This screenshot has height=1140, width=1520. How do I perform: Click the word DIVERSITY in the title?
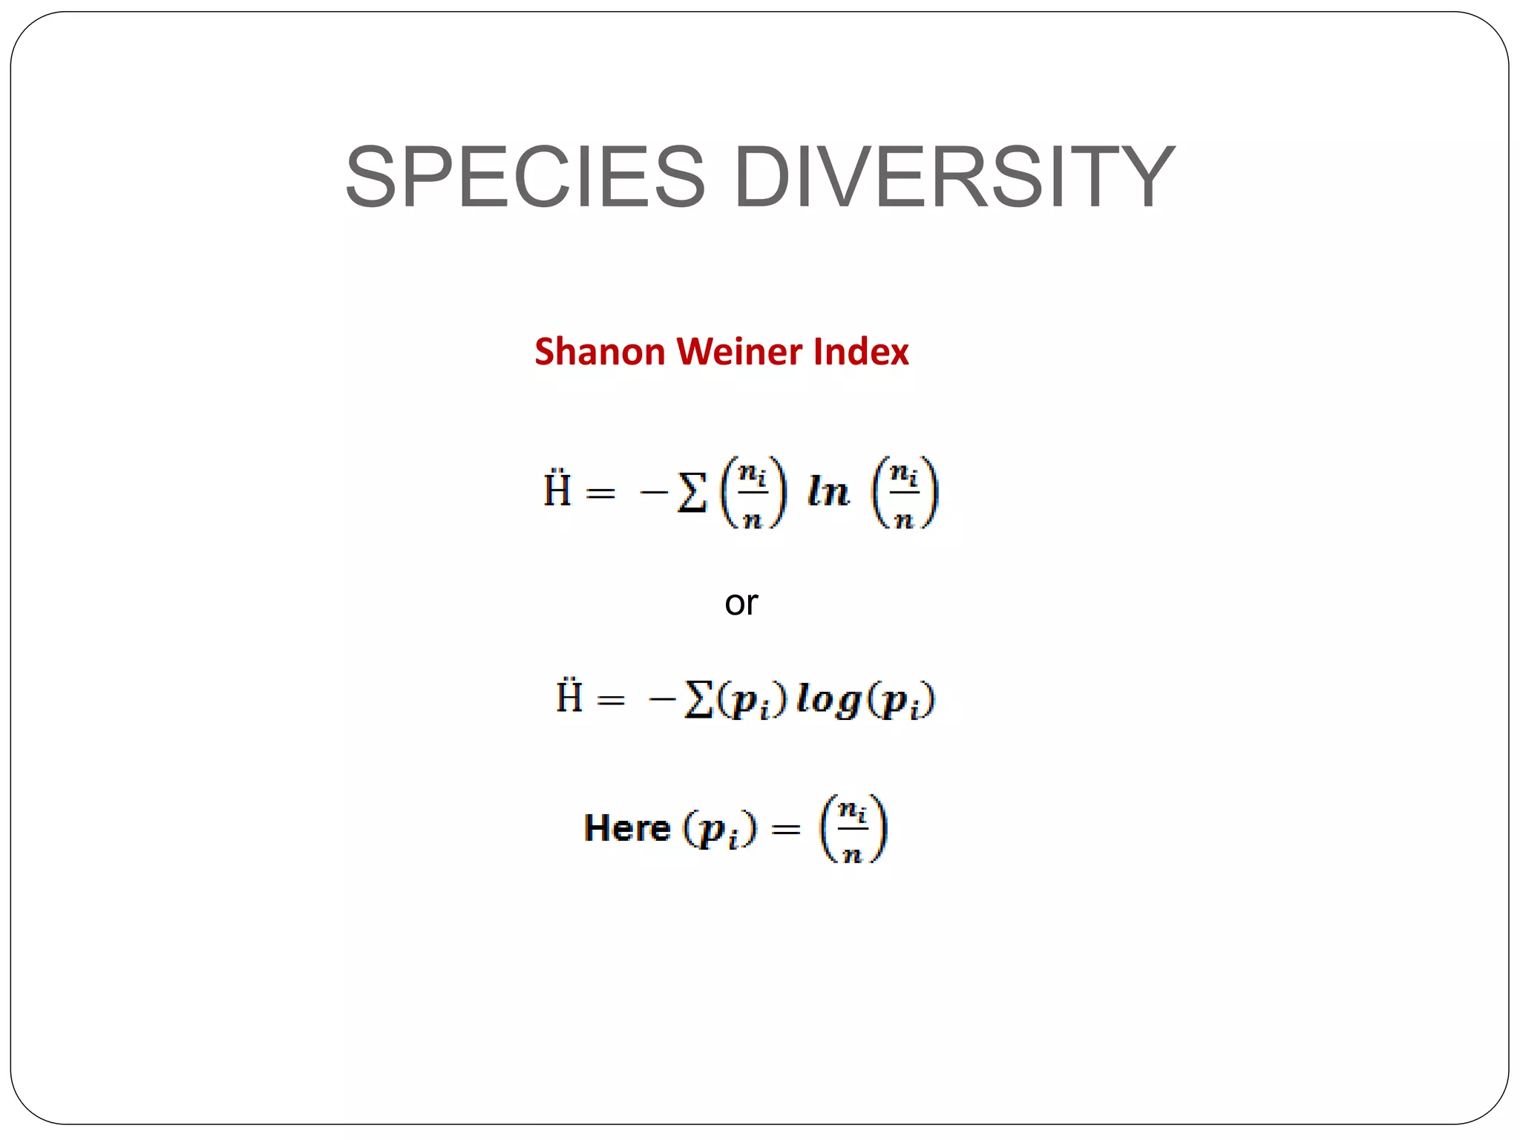coord(954,177)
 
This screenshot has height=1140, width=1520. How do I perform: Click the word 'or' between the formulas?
coord(741,603)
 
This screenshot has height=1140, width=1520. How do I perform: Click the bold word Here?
coord(626,828)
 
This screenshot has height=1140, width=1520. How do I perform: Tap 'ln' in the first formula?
coord(828,492)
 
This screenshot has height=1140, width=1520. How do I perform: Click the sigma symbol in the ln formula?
coord(692,493)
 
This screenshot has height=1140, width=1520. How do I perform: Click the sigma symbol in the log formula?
coord(698,700)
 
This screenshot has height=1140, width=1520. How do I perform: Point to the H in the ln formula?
coord(557,490)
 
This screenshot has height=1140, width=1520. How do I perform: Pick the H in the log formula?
coord(569,696)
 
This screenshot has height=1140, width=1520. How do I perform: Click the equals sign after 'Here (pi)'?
coord(786,829)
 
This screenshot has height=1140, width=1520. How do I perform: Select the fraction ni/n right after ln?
coord(904,492)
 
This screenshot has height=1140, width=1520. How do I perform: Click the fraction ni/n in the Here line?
coord(853,828)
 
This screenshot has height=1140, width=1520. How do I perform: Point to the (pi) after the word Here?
coord(719,829)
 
